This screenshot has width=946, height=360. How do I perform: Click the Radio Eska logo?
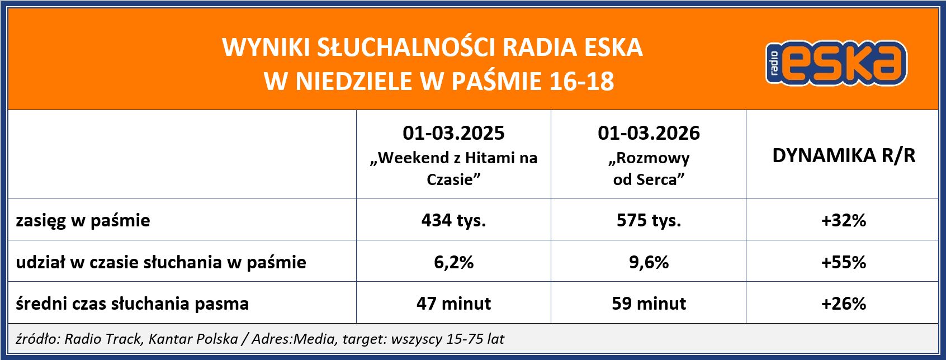click(836, 63)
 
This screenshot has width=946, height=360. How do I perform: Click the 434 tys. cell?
click(453, 220)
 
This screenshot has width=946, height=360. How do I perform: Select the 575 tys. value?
click(649, 220)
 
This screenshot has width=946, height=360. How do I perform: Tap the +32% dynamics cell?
click(843, 220)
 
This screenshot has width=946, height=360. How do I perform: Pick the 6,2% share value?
click(453, 262)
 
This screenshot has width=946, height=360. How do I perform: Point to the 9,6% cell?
click(649, 262)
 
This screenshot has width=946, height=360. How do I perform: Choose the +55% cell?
click(843, 262)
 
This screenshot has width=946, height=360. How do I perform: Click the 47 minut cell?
click(453, 304)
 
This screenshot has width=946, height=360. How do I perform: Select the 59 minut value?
click(649, 304)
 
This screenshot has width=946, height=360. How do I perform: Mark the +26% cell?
click(843, 304)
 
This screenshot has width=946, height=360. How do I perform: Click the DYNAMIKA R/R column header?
click(843, 155)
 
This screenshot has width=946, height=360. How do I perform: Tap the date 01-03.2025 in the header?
click(453, 133)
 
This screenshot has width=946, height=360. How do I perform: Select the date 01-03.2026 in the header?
click(649, 133)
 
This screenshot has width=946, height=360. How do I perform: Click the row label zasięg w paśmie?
click(83, 220)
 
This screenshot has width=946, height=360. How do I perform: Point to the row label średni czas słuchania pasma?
click(132, 304)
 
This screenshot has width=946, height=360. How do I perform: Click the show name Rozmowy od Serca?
click(649, 169)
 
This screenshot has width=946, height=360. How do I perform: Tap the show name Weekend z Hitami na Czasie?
click(453, 169)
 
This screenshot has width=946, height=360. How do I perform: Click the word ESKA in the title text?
click(613, 48)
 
